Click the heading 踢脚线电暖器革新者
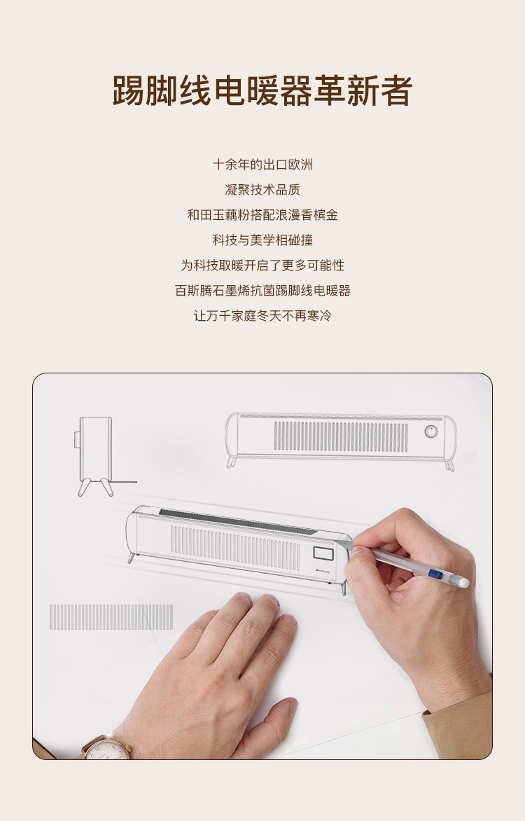262,90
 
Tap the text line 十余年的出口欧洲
262,165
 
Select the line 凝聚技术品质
262,190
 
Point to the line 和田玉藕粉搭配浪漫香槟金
262,214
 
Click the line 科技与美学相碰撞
262,240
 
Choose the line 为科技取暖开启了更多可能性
262,265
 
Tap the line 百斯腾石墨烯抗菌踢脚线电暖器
262,290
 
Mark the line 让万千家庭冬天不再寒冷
262,315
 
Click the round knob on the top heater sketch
430,432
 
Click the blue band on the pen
433,574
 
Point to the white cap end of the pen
462,581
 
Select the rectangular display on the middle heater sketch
323,553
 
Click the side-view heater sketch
94,455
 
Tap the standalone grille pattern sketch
111,616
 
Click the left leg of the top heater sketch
231,462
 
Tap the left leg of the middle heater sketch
132,557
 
